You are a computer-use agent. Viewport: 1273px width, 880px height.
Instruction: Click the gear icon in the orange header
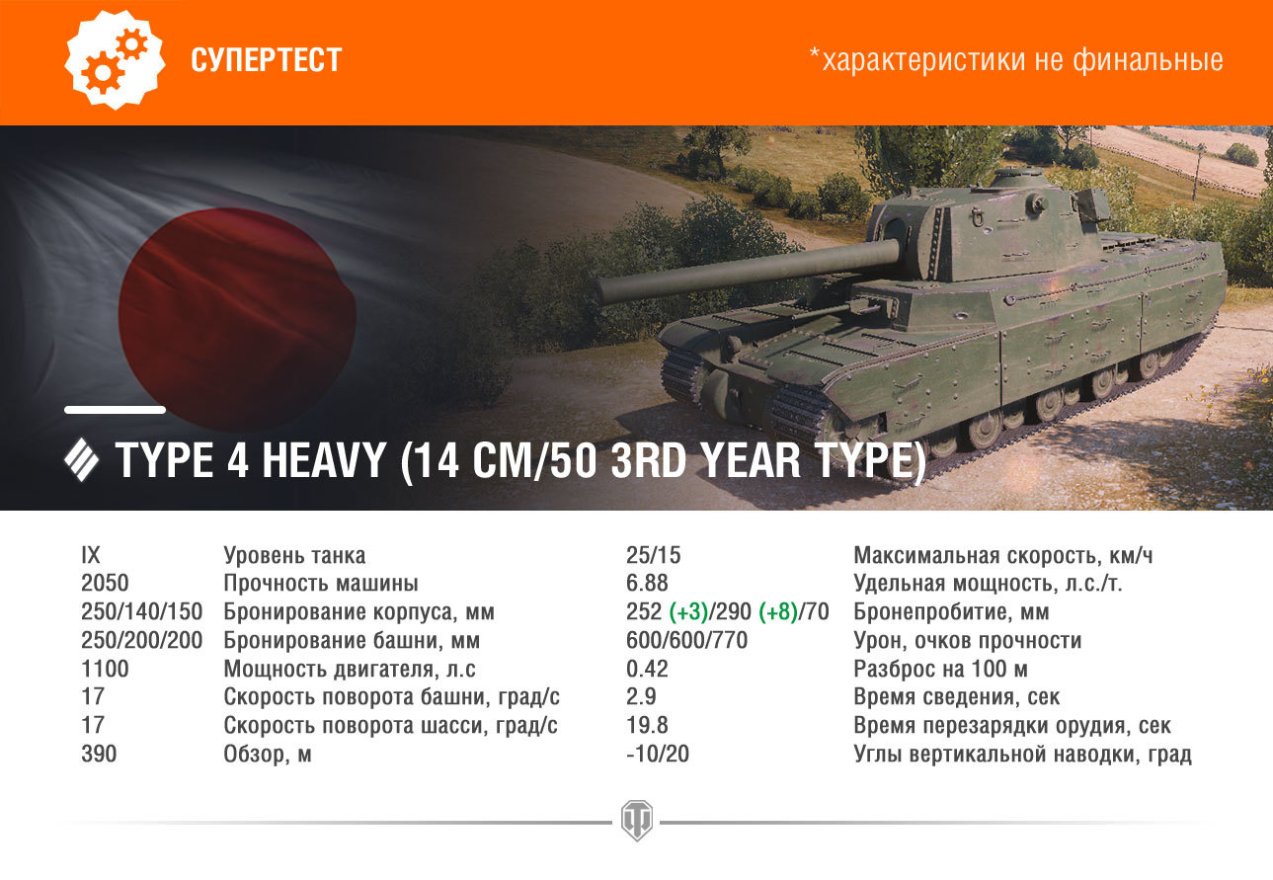coord(115,59)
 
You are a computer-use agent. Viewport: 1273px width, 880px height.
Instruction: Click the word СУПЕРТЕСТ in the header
coord(267,59)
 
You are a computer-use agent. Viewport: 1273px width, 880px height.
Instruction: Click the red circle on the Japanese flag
coord(238,319)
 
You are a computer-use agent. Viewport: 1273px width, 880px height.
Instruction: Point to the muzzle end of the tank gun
coord(603,290)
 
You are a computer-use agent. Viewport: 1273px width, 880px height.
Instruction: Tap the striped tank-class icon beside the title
coord(81,460)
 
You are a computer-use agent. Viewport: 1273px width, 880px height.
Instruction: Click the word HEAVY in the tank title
coord(324,460)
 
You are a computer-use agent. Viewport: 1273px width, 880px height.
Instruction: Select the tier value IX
coord(91,555)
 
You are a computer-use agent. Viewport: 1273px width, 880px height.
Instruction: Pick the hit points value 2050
coord(105,584)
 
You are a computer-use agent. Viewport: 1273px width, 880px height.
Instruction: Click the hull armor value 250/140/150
coord(142,611)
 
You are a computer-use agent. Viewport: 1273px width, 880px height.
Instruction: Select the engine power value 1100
coord(105,669)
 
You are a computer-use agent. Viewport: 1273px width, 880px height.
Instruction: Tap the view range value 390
coord(99,754)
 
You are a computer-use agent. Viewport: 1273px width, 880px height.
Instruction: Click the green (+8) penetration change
coord(778,612)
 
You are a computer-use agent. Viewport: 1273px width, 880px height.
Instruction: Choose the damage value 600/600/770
coord(686,640)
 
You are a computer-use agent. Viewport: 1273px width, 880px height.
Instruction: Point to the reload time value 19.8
coord(647,725)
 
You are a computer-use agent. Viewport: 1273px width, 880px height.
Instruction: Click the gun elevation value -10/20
coord(658,754)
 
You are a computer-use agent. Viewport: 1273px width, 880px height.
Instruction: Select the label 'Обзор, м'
coord(268,755)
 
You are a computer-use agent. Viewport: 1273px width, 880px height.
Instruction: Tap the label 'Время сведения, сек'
coord(956,697)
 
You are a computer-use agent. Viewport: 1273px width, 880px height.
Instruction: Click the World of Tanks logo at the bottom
coord(636,821)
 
